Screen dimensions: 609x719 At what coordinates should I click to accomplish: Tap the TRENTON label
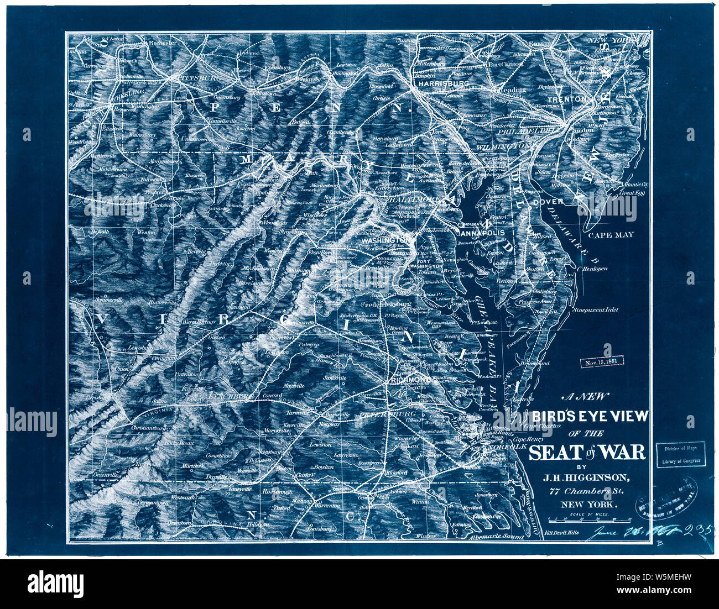[567, 99]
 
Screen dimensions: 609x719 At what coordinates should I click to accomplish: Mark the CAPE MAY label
[611, 235]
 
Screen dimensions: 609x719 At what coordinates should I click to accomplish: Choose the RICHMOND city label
[410, 380]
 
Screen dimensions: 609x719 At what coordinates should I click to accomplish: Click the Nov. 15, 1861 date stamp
[601, 362]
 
